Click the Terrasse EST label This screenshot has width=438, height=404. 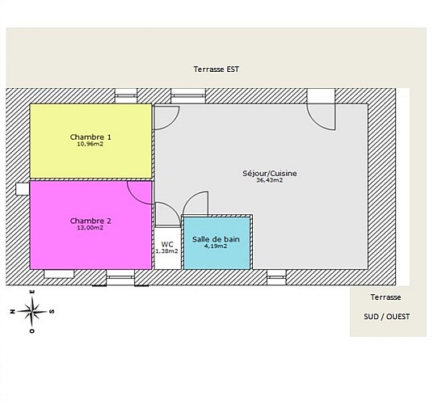click(x=217, y=69)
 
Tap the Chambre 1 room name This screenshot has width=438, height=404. click(x=91, y=137)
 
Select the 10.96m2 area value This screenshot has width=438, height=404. click(x=91, y=144)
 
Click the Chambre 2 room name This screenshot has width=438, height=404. click(x=91, y=221)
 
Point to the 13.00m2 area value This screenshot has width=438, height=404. click(x=91, y=228)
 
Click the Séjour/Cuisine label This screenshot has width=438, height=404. click(x=270, y=174)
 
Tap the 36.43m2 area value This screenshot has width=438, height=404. click(x=270, y=180)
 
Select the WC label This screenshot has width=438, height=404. click(x=167, y=244)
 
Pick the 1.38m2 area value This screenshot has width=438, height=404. click(x=166, y=251)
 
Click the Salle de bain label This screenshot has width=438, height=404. click(x=216, y=239)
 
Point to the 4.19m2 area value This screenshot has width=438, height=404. click(x=216, y=246)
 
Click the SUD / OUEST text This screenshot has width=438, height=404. click(x=387, y=317)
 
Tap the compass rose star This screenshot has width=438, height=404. click(x=32, y=312)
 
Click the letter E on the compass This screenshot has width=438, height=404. click(x=32, y=292)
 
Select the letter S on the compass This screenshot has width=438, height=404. click(x=52, y=311)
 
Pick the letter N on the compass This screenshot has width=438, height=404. click(x=12, y=311)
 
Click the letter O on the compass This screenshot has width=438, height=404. click(x=32, y=331)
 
